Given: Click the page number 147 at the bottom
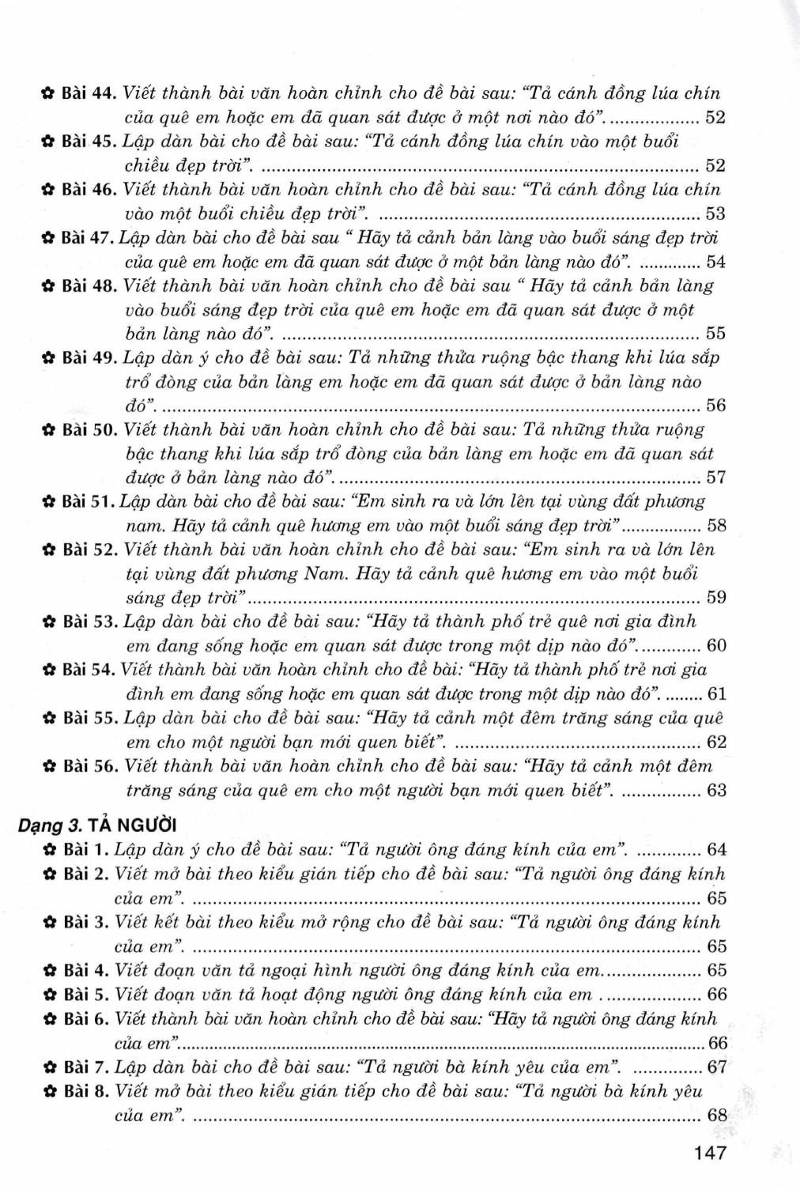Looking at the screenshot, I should [709, 1153].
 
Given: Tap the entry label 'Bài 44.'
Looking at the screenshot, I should [89, 93].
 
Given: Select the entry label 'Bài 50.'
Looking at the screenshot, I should [89, 430].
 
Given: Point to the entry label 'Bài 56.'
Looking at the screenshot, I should [89, 766].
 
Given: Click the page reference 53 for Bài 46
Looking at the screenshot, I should [715, 213].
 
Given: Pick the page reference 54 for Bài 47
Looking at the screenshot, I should [715, 262].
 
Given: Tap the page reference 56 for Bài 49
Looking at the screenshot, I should [715, 406].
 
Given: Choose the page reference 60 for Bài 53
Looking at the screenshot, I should [716, 646].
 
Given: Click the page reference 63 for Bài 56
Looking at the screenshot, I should [716, 791].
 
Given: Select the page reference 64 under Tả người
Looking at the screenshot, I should [716, 851].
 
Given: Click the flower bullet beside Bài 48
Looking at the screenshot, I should [47, 286].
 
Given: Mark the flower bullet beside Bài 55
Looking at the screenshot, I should [47, 719].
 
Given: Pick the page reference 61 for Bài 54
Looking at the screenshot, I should [716, 694].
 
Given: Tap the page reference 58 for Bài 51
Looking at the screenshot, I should [716, 526].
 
